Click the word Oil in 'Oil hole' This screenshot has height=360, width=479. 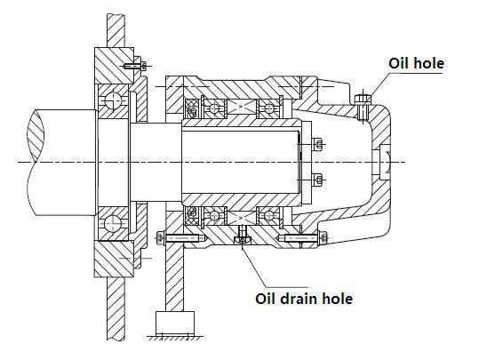[399, 64]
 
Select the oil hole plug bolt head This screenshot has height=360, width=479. [363, 100]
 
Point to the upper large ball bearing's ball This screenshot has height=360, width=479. [113, 100]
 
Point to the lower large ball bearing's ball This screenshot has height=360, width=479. [113, 223]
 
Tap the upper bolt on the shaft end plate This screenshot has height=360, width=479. [316, 143]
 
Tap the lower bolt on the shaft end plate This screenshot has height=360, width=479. [316, 180]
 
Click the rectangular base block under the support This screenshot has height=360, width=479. [175, 324]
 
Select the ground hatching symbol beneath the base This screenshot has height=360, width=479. [175, 338]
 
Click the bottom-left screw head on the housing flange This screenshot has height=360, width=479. [160, 237]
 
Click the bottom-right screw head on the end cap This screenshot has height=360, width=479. [323, 237]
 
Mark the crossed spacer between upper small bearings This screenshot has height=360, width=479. [242, 107]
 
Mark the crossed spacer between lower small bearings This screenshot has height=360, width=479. [242, 218]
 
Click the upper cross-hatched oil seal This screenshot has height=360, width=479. [191, 109]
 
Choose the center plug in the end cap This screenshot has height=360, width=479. [384, 162]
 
